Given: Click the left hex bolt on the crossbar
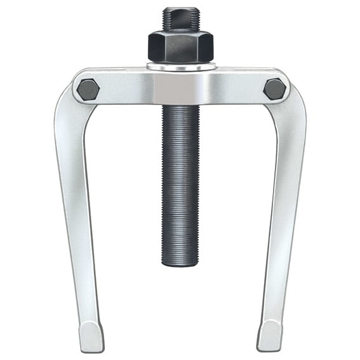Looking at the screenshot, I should [x=88, y=89].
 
